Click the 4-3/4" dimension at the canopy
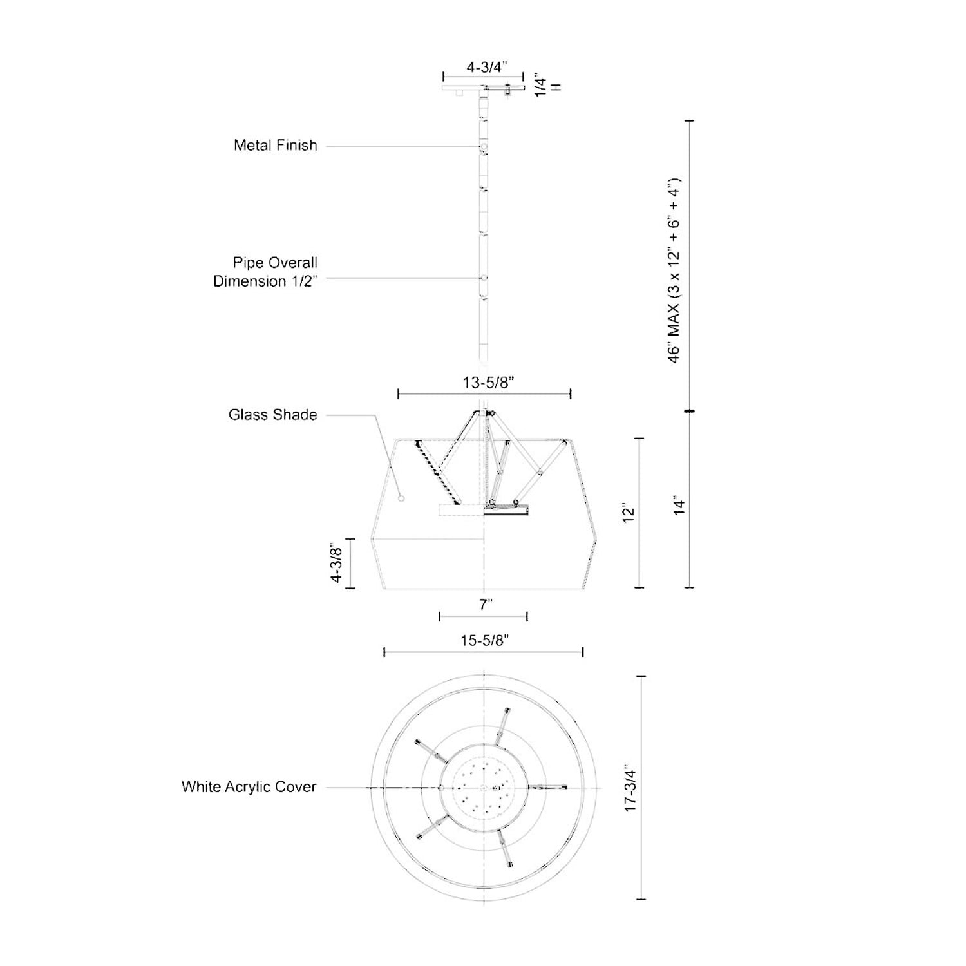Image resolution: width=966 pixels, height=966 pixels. pos(487,66)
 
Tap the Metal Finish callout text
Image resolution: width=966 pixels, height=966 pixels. pos(276,146)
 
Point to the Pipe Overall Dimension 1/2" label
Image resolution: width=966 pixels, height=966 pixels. pos(266,272)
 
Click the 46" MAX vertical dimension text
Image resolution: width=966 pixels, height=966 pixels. pos(674,270)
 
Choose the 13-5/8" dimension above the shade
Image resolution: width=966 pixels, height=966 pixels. pos(488,383)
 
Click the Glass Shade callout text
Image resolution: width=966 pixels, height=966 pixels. pos(273,415)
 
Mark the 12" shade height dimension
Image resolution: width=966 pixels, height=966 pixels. pos(629,514)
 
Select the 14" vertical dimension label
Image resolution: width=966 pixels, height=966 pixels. pos(680,505)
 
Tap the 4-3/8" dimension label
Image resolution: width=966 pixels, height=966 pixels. pos(336,563)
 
